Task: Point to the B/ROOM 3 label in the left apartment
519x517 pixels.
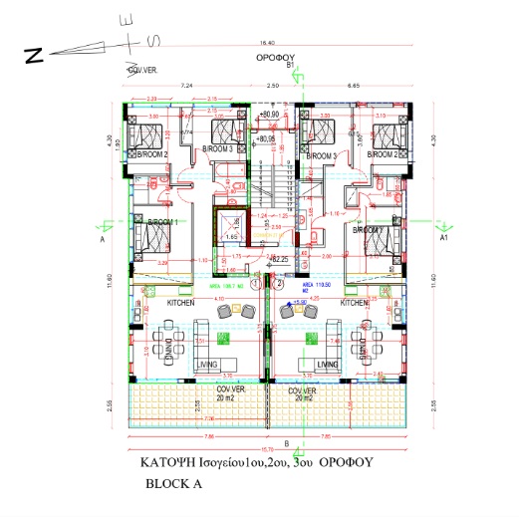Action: pyautogui.click(x=217, y=148)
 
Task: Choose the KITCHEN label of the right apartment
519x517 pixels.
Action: pyautogui.click(x=357, y=301)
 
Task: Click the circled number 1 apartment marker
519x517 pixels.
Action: pyautogui.click(x=256, y=283)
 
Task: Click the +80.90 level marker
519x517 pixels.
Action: pyautogui.click(x=267, y=116)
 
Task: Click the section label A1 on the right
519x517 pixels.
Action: pyautogui.click(x=445, y=240)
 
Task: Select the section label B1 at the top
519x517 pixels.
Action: pyautogui.click(x=290, y=66)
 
